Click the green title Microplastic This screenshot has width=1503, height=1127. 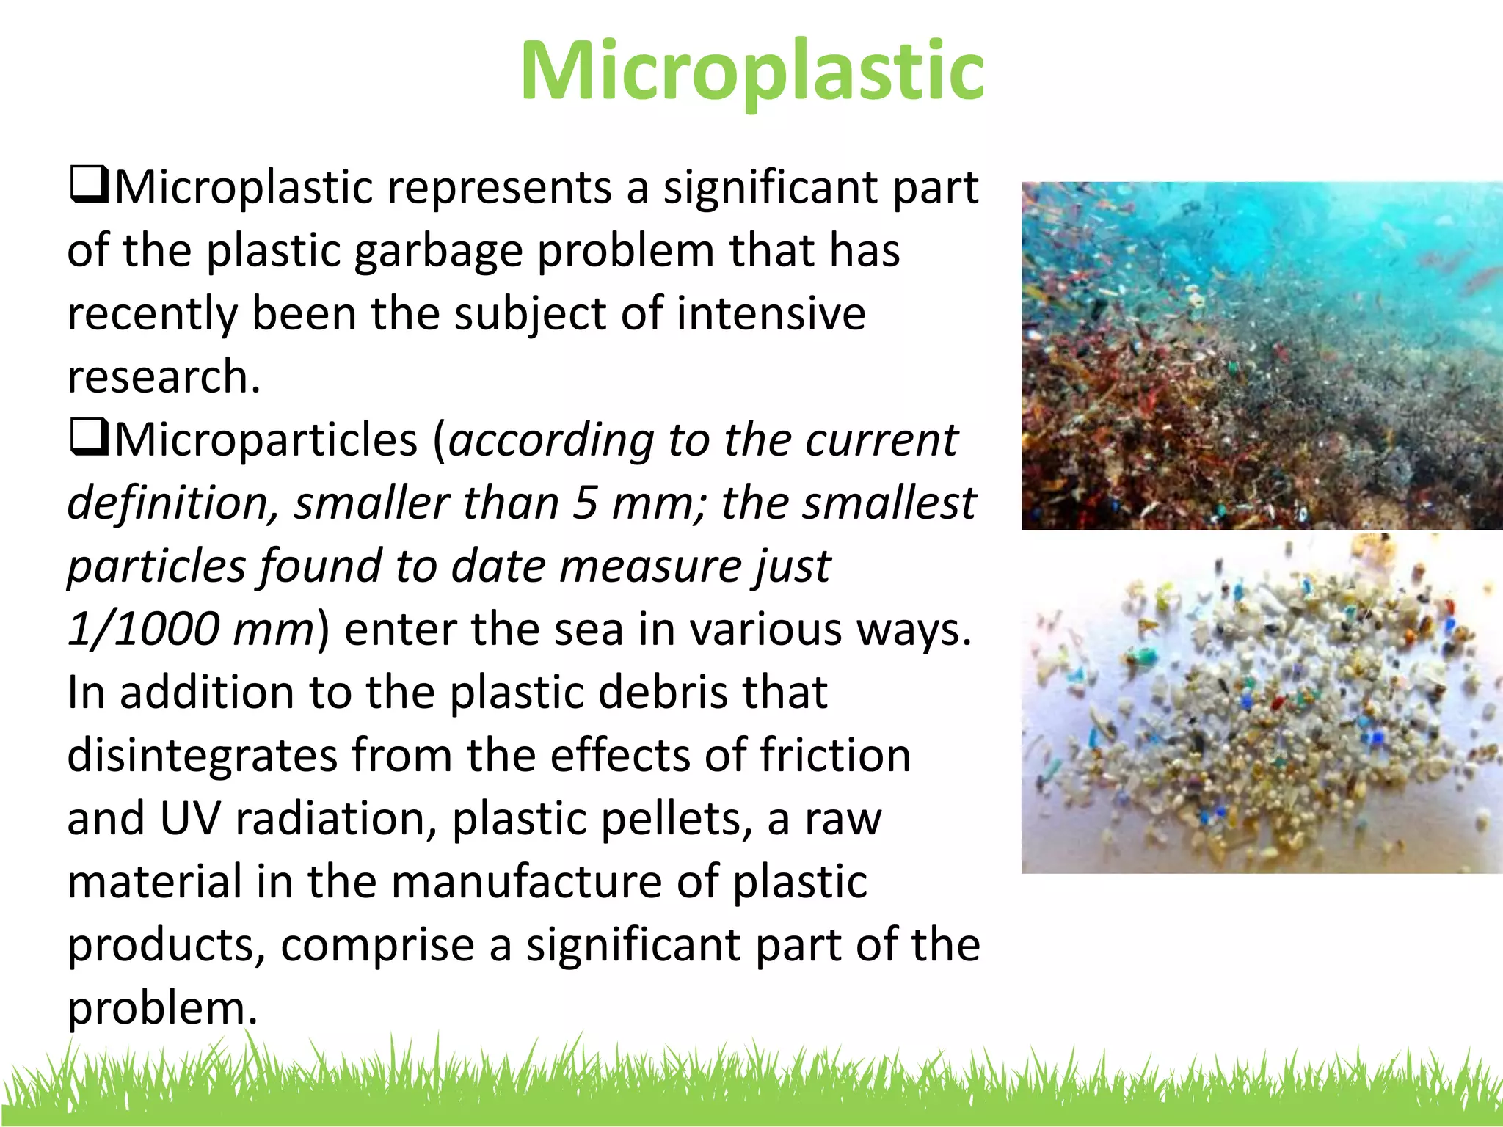point(751,71)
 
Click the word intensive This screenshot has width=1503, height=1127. point(771,314)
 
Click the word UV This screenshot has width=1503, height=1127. point(189,819)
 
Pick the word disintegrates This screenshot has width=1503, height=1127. point(202,756)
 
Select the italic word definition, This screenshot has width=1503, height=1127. point(173,503)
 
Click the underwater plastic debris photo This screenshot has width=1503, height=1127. point(1261,356)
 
